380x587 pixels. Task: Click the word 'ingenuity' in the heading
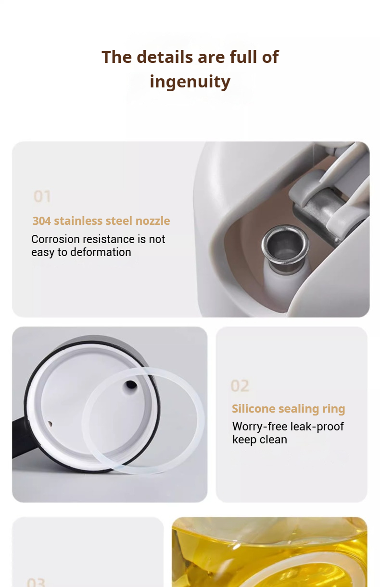coord(190,82)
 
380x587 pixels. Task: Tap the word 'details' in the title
coord(165,57)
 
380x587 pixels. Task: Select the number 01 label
coord(42,196)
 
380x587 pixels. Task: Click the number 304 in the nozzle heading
coord(41,221)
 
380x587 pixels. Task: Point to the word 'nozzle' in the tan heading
coord(152,221)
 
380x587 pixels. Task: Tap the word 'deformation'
coord(101,252)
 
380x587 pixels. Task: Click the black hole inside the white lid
coord(131,385)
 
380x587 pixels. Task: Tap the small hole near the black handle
coord(50,424)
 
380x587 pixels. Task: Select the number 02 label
coord(240,386)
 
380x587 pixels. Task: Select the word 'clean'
coord(273,440)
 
